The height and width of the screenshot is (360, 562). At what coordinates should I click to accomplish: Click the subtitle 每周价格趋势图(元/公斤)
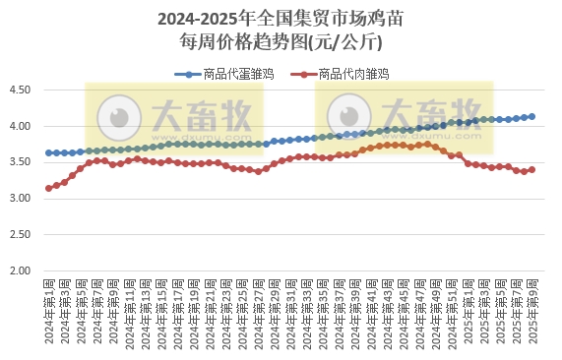(x=280, y=42)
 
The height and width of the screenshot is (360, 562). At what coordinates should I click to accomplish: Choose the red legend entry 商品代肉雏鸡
(x=343, y=74)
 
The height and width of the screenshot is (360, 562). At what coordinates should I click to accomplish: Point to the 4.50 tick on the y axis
(x=21, y=90)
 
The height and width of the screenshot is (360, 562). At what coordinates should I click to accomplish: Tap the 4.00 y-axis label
(x=21, y=127)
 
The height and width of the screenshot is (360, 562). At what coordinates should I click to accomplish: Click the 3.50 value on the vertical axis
(x=21, y=162)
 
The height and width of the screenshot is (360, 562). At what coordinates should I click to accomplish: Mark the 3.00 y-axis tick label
(x=21, y=199)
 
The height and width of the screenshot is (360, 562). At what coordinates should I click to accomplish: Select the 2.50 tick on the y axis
(x=21, y=234)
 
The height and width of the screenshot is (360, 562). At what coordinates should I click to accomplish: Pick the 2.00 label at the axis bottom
(x=21, y=270)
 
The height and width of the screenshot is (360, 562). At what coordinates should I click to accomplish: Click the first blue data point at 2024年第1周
(x=48, y=152)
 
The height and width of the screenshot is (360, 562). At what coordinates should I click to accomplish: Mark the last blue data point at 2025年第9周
(x=532, y=116)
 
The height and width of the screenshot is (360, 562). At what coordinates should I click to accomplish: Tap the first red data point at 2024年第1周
(x=48, y=188)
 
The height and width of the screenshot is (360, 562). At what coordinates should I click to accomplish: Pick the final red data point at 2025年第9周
(x=532, y=169)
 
